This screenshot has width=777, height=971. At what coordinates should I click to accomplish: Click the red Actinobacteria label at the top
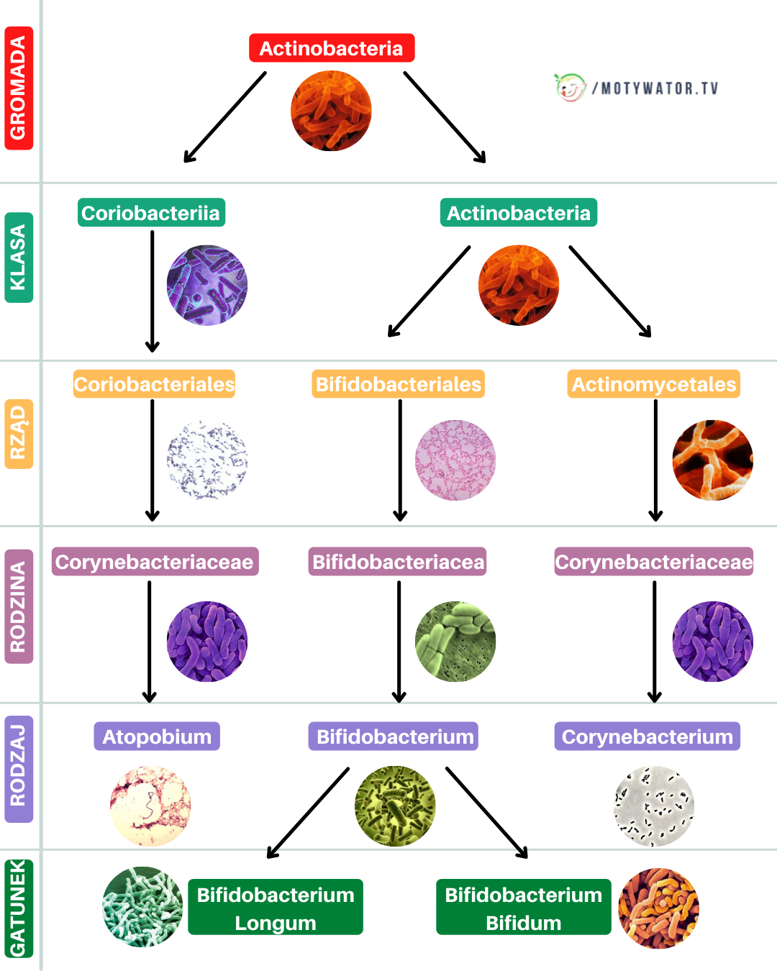click(332, 48)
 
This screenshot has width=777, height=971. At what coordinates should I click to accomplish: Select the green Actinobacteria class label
click(518, 213)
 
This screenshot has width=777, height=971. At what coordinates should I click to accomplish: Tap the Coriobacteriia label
click(151, 213)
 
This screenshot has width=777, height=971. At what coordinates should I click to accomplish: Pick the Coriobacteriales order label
click(154, 384)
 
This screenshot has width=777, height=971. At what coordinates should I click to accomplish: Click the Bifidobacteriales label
click(399, 384)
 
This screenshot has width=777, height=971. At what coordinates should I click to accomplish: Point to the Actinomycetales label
click(653, 384)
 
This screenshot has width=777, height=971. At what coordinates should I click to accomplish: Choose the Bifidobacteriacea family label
click(399, 562)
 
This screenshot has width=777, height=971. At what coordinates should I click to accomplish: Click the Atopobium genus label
click(157, 737)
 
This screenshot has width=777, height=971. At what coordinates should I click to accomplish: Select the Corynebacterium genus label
click(647, 737)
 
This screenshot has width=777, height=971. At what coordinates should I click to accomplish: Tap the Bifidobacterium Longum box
click(276, 908)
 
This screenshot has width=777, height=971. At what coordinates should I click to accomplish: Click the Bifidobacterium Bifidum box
click(523, 908)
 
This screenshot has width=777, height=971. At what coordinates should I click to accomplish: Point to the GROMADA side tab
click(19, 88)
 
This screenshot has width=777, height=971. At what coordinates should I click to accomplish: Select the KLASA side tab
click(19, 257)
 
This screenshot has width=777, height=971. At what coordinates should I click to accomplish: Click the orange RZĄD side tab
click(19, 433)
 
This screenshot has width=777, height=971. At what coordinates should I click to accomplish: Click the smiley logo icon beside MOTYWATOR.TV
click(570, 88)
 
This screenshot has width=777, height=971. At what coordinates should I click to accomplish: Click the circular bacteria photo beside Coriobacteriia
click(207, 286)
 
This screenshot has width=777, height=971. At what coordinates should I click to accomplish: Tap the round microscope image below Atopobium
click(150, 806)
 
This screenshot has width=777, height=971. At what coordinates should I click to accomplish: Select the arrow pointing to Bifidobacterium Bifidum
click(487, 812)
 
